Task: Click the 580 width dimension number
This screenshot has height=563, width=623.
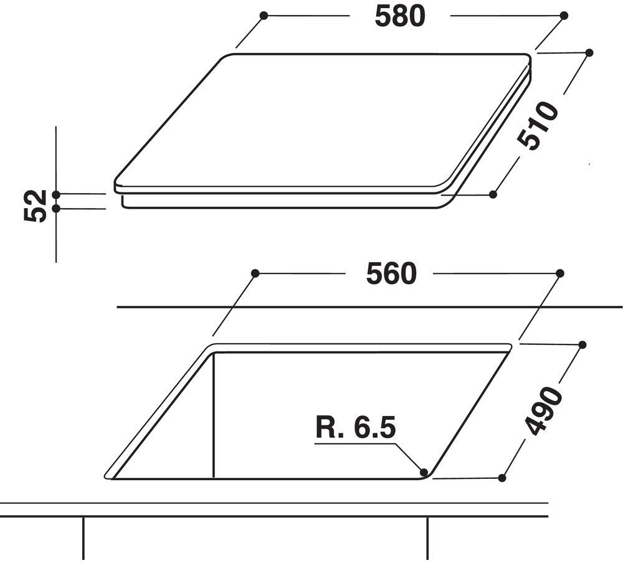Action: click(400, 17)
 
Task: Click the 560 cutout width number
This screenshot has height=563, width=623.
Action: click(391, 273)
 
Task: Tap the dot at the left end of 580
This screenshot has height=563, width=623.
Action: click(264, 16)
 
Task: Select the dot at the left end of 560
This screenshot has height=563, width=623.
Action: click(255, 273)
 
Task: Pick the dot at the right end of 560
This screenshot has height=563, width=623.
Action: click(560, 273)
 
